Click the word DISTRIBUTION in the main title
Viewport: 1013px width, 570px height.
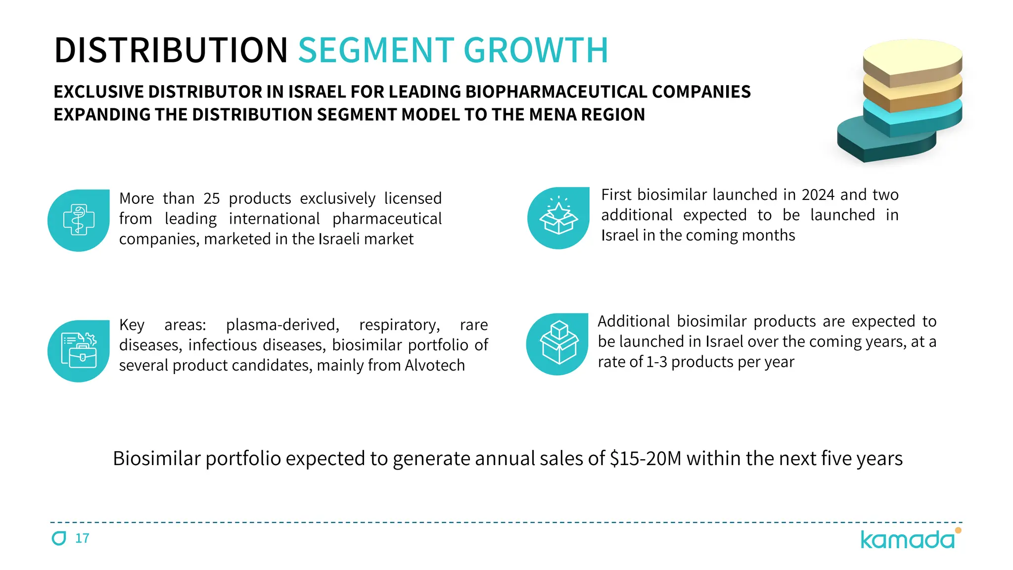click(171, 50)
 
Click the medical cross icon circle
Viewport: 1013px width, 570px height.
click(79, 220)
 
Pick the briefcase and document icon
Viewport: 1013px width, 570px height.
click(79, 351)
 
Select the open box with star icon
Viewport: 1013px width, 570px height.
click(558, 218)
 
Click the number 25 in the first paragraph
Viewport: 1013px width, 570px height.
click(212, 199)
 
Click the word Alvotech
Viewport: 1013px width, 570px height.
click(435, 366)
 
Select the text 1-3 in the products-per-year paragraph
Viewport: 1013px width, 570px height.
click(656, 362)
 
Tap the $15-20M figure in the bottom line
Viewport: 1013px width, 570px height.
click(645, 459)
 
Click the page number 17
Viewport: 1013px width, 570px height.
click(82, 538)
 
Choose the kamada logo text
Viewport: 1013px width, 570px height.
click(907, 540)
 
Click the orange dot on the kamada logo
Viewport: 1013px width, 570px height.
click(958, 530)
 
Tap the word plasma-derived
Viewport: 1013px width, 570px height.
click(282, 325)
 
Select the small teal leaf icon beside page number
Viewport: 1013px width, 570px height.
click(59, 538)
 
